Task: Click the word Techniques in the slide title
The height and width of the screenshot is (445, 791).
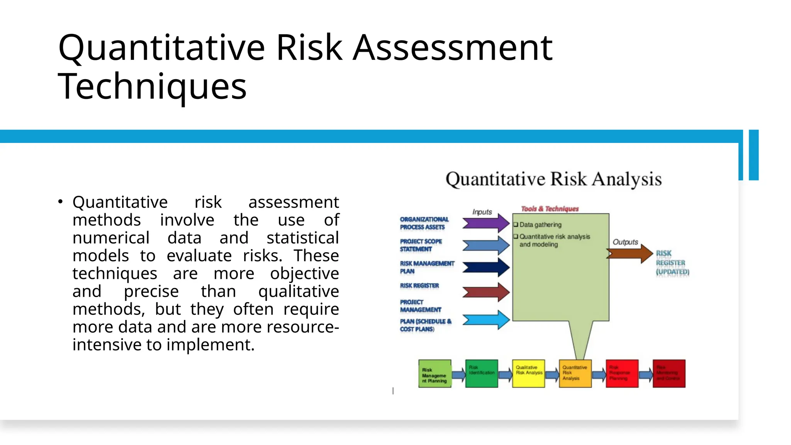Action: tap(152, 87)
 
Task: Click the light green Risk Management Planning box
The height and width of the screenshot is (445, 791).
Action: tap(435, 374)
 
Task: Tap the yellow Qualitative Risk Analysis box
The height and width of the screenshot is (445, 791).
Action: tap(528, 374)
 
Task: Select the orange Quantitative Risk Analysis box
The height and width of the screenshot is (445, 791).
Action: tap(575, 374)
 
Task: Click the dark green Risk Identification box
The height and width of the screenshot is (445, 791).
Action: tap(481, 374)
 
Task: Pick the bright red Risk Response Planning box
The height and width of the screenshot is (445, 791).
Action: tap(622, 374)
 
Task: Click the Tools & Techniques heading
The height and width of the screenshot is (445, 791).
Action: tap(550, 209)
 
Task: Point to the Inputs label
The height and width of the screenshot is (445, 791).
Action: tap(482, 212)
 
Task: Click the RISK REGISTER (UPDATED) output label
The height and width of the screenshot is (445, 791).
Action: tap(672, 263)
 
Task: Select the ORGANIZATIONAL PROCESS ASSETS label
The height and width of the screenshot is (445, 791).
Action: tap(424, 223)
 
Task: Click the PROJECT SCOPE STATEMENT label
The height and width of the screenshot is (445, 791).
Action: tap(420, 245)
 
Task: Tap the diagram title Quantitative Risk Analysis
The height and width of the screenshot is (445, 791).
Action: tap(553, 179)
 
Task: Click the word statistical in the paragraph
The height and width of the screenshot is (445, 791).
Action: tap(302, 238)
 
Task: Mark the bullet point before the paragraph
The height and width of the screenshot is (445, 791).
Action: tap(60, 202)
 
